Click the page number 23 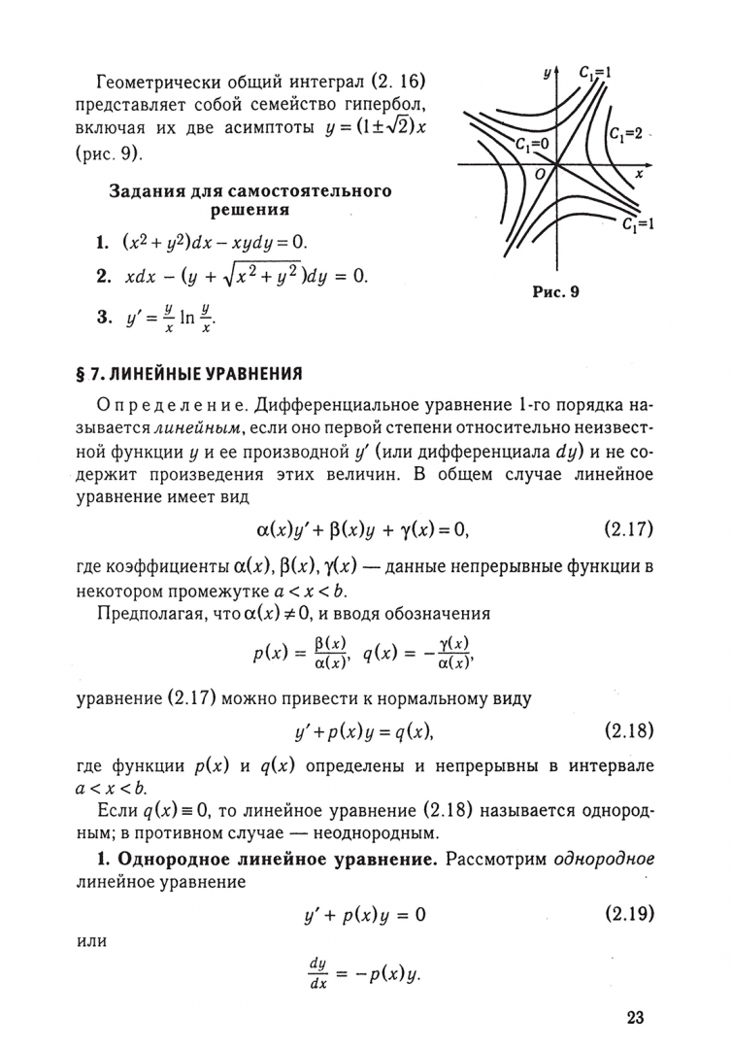click(x=636, y=1018)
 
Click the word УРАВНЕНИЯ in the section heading click(x=251, y=372)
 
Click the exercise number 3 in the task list click(x=101, y=316)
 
